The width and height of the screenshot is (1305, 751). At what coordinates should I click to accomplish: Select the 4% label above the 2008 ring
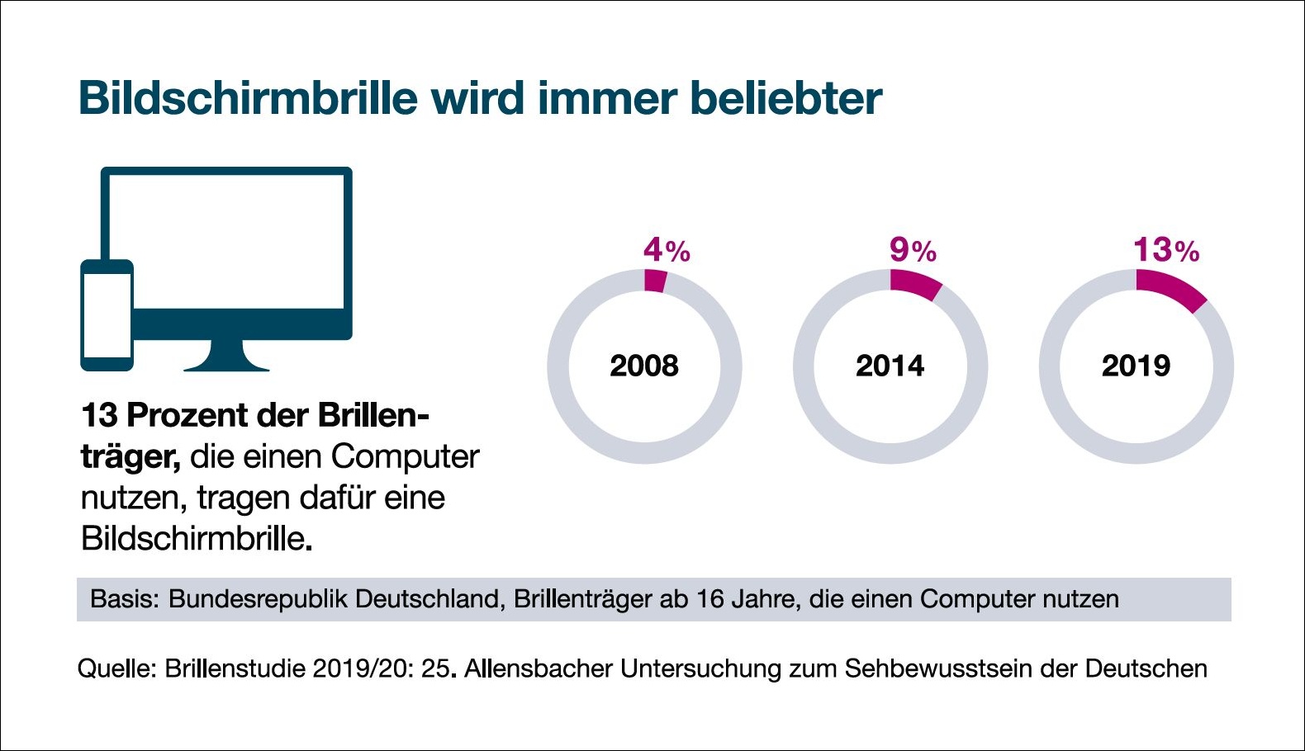click(666, 250)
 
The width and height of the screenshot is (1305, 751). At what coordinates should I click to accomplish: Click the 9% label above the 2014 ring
click(912, 250)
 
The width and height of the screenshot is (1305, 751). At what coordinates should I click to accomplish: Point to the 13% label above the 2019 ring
click(1165, 250)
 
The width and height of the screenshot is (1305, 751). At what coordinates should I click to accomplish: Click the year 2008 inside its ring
click(644, 366)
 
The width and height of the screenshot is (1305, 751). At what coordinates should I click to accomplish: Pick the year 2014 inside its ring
click(890, 366)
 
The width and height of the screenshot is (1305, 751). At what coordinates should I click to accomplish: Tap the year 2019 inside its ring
click(1136, 366)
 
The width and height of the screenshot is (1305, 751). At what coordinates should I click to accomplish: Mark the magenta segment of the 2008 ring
click(655, 281)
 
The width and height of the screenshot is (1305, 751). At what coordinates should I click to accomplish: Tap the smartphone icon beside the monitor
click(107, 315)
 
